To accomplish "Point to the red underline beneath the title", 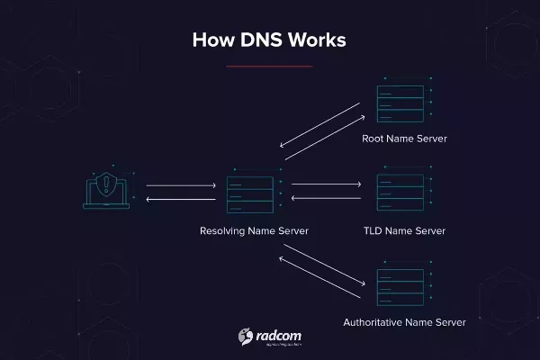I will (x=269, y=66).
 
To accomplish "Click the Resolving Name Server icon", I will (x=252, y=192).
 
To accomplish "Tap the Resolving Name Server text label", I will (x=254, y=231).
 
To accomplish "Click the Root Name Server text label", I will (x=404, y=139).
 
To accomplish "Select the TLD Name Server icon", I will (x=400, y=192).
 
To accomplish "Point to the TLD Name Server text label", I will (x=404, y=231).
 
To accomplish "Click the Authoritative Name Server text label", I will (x=404, y=321).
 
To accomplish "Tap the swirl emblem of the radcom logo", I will (x=245, y=337).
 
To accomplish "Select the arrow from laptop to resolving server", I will (x=180, y=186).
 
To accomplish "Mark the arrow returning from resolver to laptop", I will (x=180, y=199).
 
